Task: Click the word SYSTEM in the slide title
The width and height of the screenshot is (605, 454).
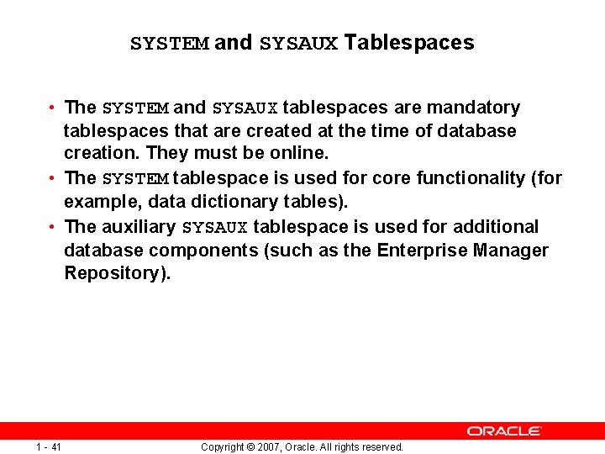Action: pyautogui.click(x=169, y=44)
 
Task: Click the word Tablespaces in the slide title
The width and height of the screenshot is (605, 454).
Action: pyautogui.click(x=409, y=43)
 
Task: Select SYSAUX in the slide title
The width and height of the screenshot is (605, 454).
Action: pyautogui.click(x=298, y=44)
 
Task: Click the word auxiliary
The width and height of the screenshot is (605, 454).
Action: pyautogui.click(x=139, y=227)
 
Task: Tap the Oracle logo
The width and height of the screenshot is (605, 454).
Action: pyautogui.click(x=504, y=430)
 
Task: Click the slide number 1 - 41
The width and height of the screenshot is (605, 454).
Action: pyautogui.click(x=49, y=447)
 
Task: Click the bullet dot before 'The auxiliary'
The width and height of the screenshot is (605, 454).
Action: pyautogui.click(x=52, y=227)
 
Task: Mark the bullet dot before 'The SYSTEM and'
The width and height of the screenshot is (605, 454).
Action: pyautogui.click(x=52, y=108)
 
